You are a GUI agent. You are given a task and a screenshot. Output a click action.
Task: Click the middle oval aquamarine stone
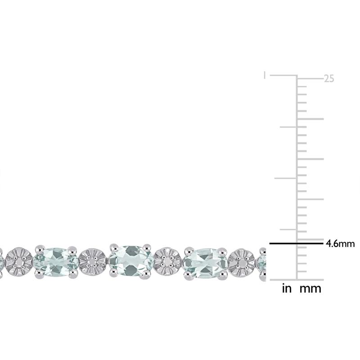pos(130,261)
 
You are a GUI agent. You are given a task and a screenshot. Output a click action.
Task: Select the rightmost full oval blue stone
pos(205,261)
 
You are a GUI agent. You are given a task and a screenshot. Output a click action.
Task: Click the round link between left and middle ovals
pos(93,261)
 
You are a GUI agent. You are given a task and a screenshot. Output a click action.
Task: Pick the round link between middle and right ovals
pos(167,261)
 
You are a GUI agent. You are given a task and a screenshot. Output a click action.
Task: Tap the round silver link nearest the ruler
pos(242,261)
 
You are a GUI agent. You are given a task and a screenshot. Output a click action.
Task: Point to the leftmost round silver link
pos(19,261)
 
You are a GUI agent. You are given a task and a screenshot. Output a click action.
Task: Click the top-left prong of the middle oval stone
pos(112,246)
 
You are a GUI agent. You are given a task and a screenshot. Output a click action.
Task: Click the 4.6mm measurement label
pos(340,244)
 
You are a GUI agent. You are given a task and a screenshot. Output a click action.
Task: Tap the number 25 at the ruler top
pos(329,79)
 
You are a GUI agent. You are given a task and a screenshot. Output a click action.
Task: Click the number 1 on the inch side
pos(265,75)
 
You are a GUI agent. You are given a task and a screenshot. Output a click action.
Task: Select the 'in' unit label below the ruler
pos(287,288)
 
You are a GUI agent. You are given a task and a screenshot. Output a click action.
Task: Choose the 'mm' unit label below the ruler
pos(310,288)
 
